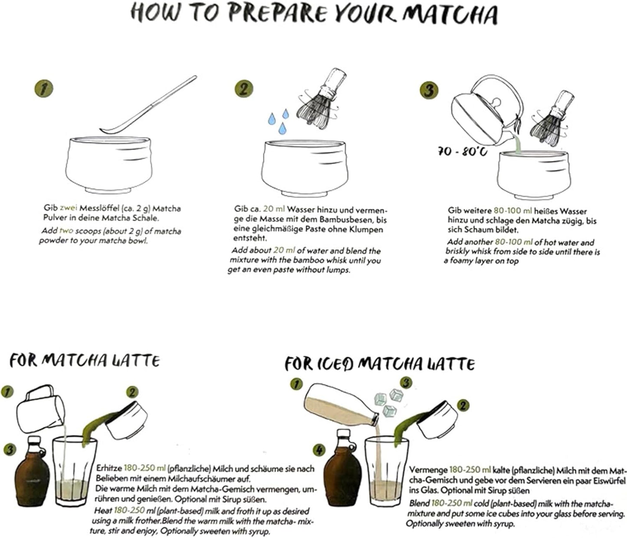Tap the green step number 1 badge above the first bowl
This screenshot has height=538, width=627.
pyautogui.click(x=43, y=89)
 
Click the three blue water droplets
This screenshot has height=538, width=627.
pyautogui.click(x=278, y=120)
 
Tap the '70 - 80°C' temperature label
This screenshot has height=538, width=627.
pyautogui.click(x=462, y=151)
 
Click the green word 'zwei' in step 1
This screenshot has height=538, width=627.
pyautogui.click(x=68, y=208)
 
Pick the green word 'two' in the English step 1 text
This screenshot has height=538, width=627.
pyautogui.click(x=66, y=231)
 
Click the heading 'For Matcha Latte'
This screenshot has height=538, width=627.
pyautogui.click(x=85, y=361)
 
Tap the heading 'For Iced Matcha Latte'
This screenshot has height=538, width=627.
pyautogui.click(x=379, y=363)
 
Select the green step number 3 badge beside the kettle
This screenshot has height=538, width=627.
pyautogui.click(x=429, y=90)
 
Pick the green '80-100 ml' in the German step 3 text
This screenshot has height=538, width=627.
pyautogui.click(x=512, y=211)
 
